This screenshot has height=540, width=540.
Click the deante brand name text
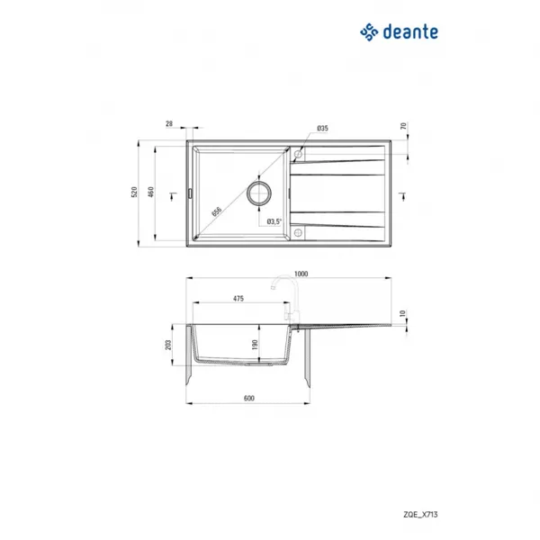coord(410,32)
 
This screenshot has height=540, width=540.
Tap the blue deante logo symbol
coord(369,32)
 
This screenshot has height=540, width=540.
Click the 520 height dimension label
coord(134,192)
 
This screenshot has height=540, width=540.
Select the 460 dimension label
coord(151,192)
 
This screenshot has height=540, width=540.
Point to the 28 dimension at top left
coord(169,123)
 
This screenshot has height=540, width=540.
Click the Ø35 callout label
coord(322,128)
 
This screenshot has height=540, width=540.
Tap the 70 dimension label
coord(403,126)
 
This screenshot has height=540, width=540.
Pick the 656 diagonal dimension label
coord(216,211)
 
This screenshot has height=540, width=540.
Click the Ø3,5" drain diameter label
coord(274,221)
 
